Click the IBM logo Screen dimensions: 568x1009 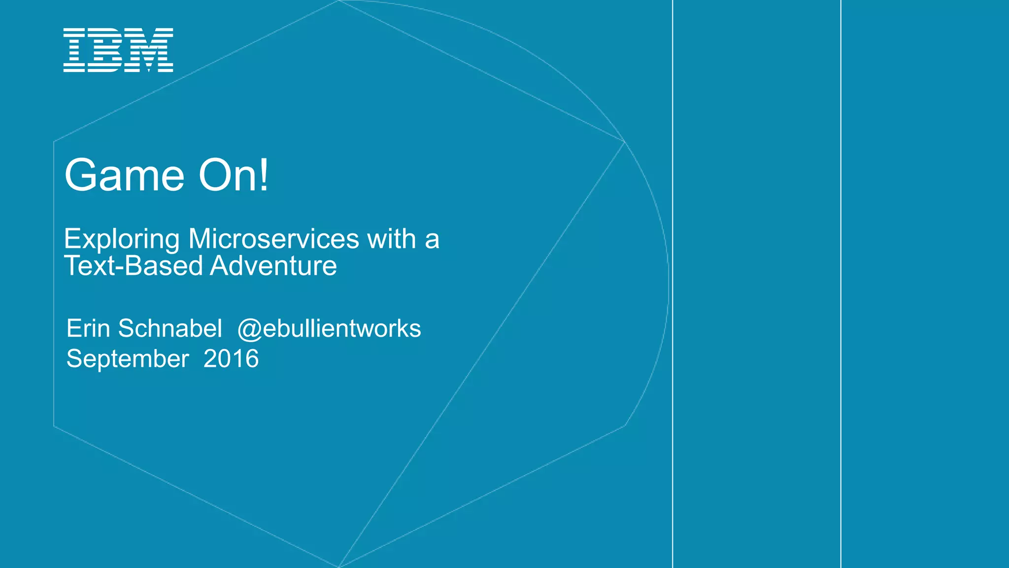[x=118, y=50]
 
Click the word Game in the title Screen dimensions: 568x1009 [x=125, y=176]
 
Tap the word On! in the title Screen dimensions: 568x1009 [x=234, y=175]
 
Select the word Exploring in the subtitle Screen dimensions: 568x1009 [x=122, y=240]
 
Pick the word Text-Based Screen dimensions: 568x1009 [x=134, y=266]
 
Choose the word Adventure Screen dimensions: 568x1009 [x=273, y=266]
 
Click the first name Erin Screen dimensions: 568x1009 [x=88, y=328]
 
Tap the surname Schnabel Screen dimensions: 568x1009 [x=170, y=328]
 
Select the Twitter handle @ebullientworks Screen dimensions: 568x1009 [x=329, y=329]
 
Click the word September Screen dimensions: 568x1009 [x=128, y=359]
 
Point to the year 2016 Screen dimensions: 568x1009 [x=231, y=358]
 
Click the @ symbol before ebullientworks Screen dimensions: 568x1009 [x=249, y=329]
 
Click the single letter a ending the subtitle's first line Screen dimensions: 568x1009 [x=432, y=240]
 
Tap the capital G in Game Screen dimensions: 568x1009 [x=83, y=175]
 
